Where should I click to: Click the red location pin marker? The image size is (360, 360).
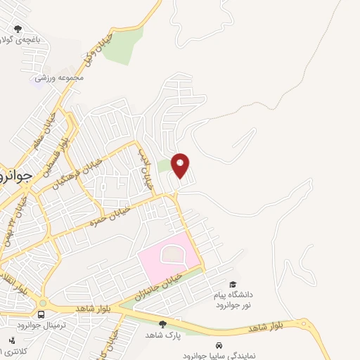click(x=181, y=165)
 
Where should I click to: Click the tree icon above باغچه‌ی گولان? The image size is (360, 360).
click(x=18, y=29)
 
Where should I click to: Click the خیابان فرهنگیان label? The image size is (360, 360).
click(x=77, y=173)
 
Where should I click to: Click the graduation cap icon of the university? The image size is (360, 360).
click(x=233, y=283)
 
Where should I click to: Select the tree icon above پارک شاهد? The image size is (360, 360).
click(x=163, y=324)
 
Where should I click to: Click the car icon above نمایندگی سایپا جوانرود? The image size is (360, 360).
click(x=219, y=345)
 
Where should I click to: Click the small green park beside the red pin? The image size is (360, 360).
click(x=164, y=166)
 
